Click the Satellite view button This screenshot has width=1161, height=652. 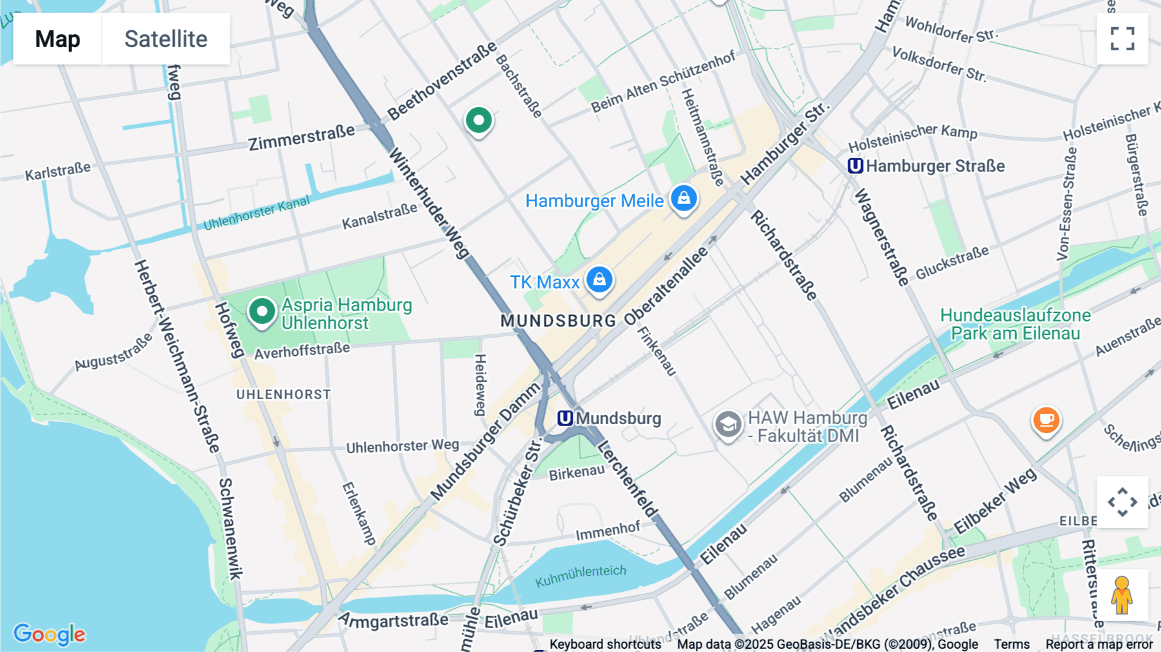166,39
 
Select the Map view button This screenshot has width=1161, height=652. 57,39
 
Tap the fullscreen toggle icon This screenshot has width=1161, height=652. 1122,39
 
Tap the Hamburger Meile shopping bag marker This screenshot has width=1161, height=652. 684,198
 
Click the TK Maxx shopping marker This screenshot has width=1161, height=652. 599,280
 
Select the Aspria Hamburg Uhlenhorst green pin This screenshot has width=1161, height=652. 262,312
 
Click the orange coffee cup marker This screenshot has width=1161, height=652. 1046,420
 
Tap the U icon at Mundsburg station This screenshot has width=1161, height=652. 565,418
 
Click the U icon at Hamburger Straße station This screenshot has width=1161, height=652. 855,166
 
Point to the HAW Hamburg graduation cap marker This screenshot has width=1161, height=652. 728,425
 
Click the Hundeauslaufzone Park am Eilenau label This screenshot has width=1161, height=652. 1015,324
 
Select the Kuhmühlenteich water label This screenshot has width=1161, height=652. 580,575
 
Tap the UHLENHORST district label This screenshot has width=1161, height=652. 283,394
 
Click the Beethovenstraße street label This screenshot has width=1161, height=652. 442,81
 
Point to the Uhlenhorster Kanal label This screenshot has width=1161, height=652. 256,214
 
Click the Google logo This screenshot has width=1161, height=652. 49,634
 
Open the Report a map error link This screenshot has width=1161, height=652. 1099,644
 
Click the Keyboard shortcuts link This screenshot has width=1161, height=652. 605,644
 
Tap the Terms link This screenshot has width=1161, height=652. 1011,644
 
